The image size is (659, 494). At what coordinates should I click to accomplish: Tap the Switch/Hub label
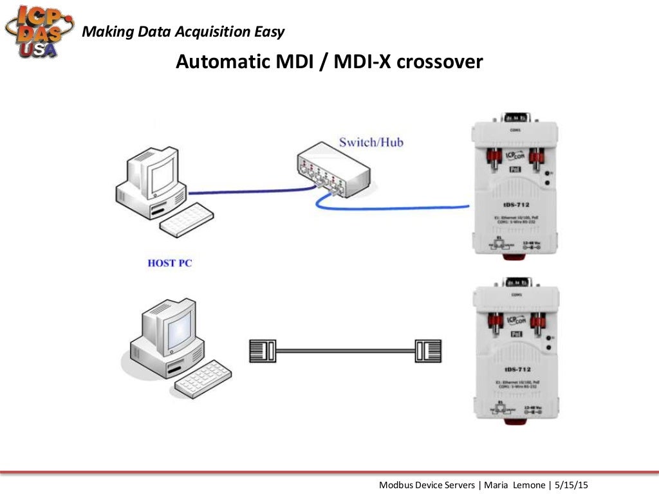[x=371, y=142]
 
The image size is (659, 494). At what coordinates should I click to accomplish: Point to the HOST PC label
[x=170, y=263]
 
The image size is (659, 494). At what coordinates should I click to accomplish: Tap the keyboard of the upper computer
[x=185, y=218]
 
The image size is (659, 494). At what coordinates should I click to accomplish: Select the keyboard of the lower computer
[x=203, y=377]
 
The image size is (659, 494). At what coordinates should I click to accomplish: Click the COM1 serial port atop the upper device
[x=516, y=118]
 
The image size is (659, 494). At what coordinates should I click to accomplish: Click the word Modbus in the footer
[x=394, y=484]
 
